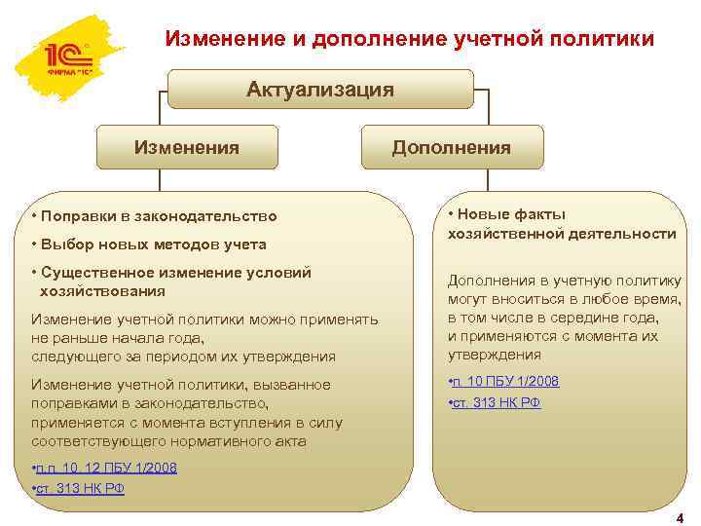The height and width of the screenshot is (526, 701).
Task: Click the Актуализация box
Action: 320,90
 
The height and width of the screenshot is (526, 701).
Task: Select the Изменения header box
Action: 186,147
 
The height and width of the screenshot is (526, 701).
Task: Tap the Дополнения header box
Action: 451,147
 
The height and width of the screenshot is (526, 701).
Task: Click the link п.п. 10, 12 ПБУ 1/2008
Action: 106,468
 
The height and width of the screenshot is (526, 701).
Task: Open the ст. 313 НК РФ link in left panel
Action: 80,488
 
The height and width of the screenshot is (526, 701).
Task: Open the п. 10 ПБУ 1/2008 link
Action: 505,381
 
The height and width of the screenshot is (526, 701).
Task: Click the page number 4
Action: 680,517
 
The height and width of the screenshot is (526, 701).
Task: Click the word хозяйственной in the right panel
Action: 498,234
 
